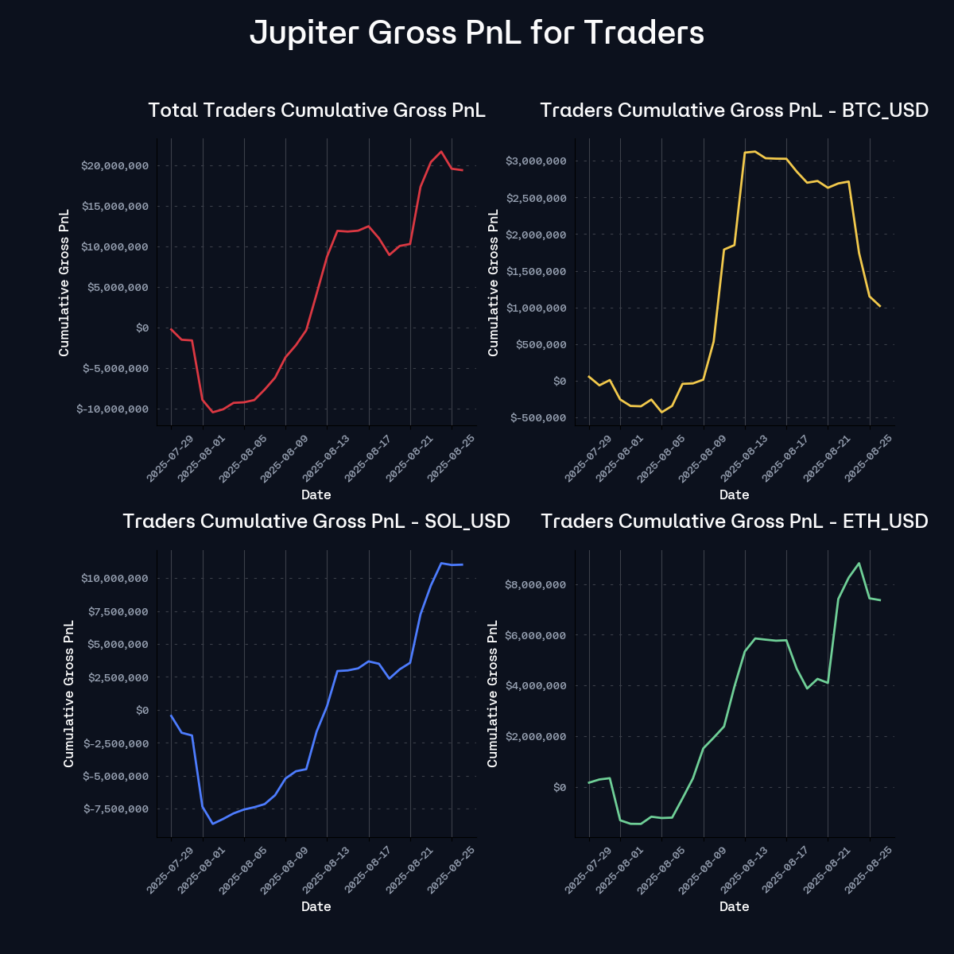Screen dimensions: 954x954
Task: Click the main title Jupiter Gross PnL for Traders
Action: [x=477, y=33]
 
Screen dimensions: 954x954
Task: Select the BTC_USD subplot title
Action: [x=734, y=110]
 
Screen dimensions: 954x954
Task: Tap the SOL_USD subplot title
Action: [x=316, y=522]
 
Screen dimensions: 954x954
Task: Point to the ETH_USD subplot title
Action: [x=734, y=522]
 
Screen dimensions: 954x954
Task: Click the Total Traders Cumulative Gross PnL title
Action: [x=316, y=110]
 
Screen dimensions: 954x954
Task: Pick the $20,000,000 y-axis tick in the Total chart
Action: [x=114, y=166]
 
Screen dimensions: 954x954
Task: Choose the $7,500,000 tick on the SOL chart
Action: [x=114, y=611]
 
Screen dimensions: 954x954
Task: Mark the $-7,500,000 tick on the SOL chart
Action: [x=114, y=809]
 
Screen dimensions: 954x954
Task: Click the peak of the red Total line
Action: [x=441, y=151]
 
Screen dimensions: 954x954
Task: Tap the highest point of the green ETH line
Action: [x=859, y=563]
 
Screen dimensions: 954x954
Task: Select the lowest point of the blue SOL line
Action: [x=212, y=824]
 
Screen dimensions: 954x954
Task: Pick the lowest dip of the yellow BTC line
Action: [x=661, y=412]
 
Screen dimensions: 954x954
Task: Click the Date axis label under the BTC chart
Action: [x=734, y=494]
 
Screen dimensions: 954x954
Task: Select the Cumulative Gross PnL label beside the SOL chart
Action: [x=68, y=693]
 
